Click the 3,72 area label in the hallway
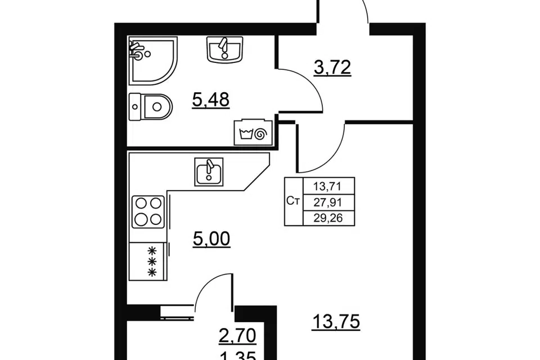332,67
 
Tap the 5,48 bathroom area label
211,100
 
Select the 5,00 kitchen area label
211,239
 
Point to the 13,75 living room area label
336,322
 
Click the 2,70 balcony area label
237,336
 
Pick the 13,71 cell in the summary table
327,187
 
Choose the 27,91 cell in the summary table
327,202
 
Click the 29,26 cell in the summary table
328,218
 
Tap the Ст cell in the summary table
293,201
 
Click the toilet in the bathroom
151,107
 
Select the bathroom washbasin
225,49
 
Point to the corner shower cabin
153,61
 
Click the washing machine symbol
253,133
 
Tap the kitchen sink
209,172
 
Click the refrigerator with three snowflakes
148,260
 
